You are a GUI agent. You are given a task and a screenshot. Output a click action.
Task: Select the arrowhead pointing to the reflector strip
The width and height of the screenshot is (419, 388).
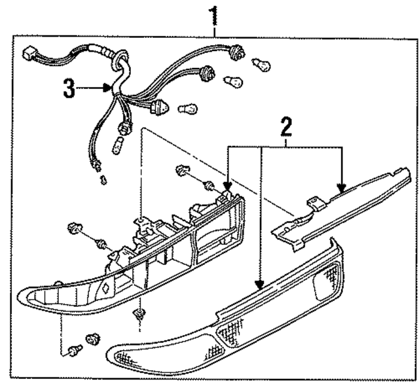[341, 188]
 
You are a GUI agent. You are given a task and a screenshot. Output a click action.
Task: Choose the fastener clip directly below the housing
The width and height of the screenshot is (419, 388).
[138, 315]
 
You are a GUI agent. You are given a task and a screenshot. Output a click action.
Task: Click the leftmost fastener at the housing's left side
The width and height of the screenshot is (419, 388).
[74, 229]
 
